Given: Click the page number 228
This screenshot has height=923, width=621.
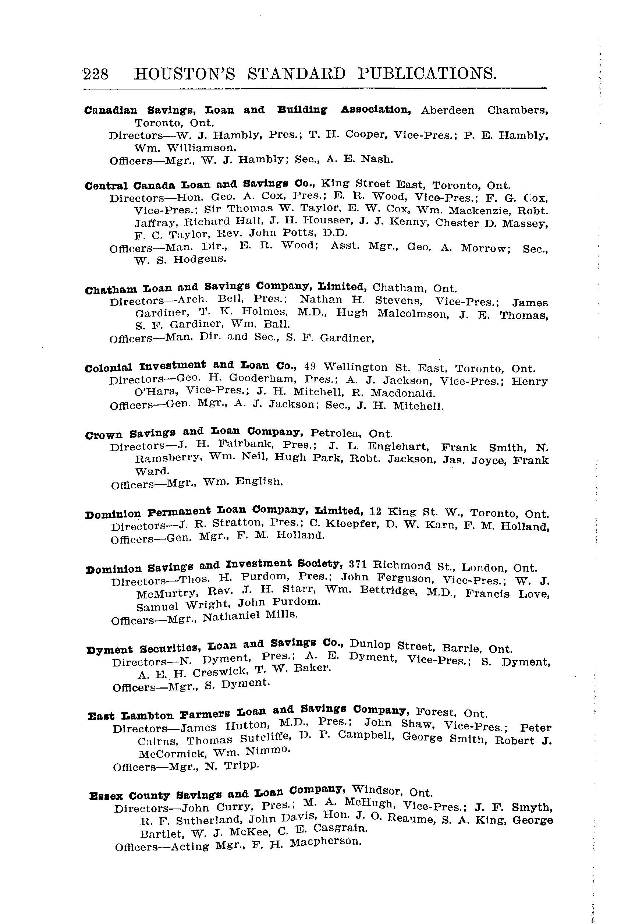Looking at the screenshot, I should click(x=96, y=74).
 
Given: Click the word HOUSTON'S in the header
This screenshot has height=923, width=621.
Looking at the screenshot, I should click(x=185, y=74).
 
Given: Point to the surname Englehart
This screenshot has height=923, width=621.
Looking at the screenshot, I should click(x=398, y=446).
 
